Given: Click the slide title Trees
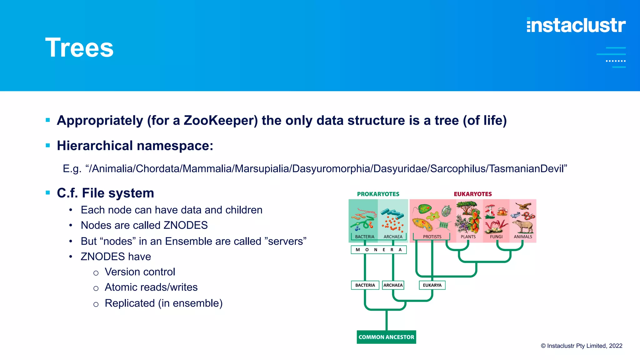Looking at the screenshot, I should (x=79, y=48).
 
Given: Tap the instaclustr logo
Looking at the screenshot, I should (x=576, y=25).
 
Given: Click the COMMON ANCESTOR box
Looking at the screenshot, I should (x=386, y=337).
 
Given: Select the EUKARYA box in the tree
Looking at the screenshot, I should (x=432, y=285).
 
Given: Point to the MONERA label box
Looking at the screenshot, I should (x=379, y=250).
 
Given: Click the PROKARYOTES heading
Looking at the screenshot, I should (x=378, y=194).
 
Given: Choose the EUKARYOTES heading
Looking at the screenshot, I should (x=473, y=194).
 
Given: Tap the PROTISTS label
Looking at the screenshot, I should (x=432, y=237).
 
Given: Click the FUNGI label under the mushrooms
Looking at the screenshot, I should (x=496, y=237).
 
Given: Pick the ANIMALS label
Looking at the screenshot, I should (x=523, y=237).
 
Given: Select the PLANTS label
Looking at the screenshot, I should (x=468, y=237).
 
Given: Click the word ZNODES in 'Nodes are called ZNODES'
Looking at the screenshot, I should (x=186, y=225).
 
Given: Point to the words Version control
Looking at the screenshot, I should (x=140, y=272).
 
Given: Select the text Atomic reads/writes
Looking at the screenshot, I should (x=151, y=287).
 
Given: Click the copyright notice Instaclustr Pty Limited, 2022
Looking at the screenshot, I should (x=582, y=346).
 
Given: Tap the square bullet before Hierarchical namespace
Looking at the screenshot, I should (x=48, y=145).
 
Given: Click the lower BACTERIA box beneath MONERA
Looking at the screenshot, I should (x=365, y=285).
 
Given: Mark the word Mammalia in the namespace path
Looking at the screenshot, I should (x=207, y=169).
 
